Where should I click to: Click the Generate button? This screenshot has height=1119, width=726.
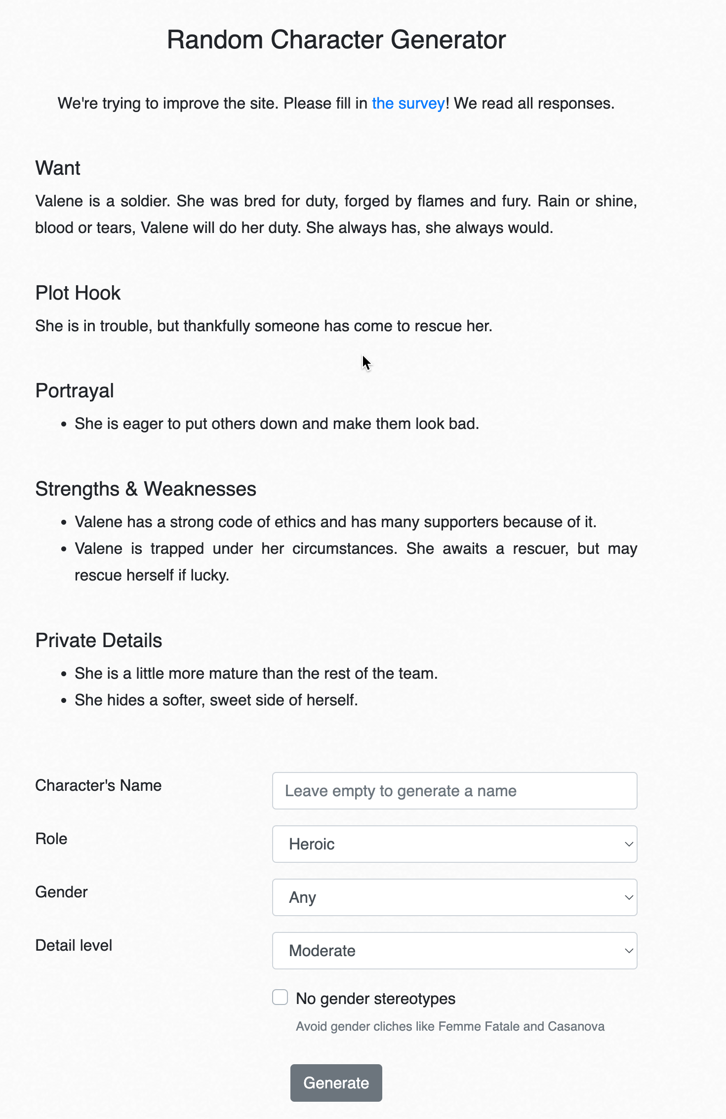336,1082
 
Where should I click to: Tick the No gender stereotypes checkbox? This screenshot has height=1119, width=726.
280,997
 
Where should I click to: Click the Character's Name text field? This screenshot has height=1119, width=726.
454,791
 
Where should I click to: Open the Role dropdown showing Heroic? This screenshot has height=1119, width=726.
454,844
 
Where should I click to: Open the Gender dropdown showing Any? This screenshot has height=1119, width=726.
454,897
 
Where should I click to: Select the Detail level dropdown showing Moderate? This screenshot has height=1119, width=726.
454,951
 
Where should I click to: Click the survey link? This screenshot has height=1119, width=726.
408,104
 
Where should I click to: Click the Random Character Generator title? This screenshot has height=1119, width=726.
336,39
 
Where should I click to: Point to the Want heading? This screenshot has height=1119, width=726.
58,168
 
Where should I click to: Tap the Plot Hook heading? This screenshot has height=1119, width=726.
78,293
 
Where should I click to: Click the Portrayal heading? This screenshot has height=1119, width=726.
75,391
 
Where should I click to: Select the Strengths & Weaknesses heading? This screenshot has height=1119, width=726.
146,489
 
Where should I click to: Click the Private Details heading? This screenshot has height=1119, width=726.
99,641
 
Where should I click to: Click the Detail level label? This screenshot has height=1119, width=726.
74,945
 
